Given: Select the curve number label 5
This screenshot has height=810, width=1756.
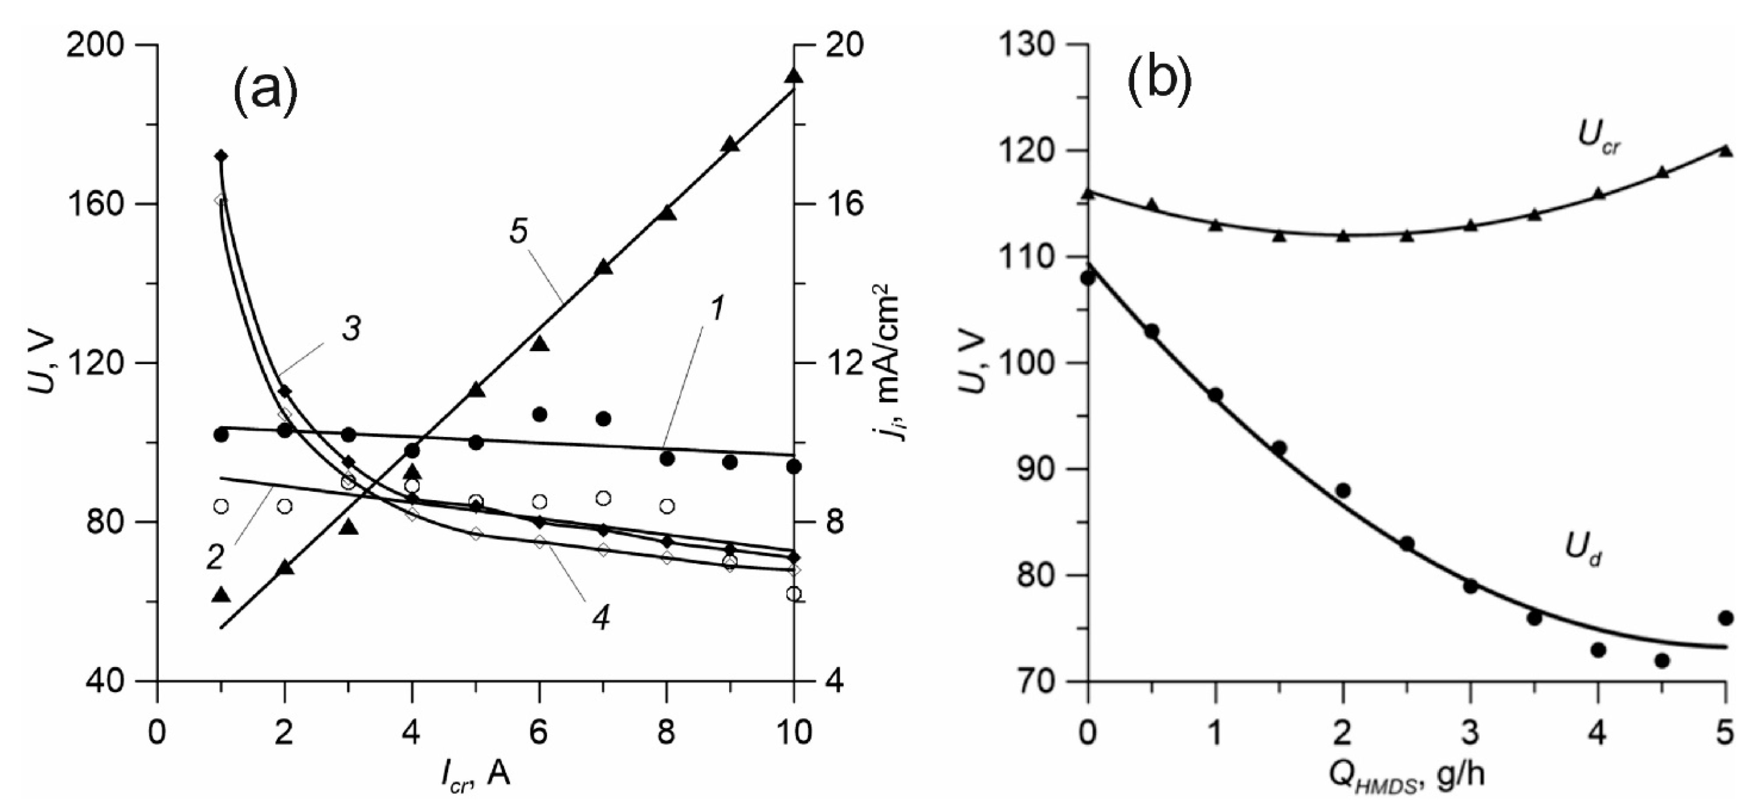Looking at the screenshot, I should (x=518, y=232).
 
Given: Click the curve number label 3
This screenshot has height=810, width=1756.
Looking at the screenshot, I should (x=351, y=329).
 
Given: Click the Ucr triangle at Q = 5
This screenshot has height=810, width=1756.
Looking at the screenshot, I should (x=1725, y=150).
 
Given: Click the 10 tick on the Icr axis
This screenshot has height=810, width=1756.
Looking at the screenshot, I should (x=794, y=733).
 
